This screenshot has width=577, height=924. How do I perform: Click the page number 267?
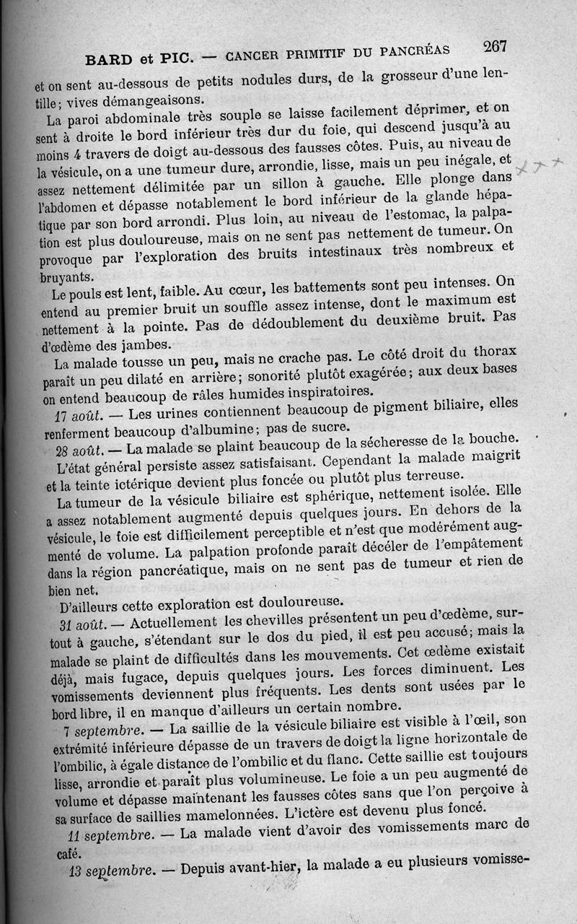tap(495, 47)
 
